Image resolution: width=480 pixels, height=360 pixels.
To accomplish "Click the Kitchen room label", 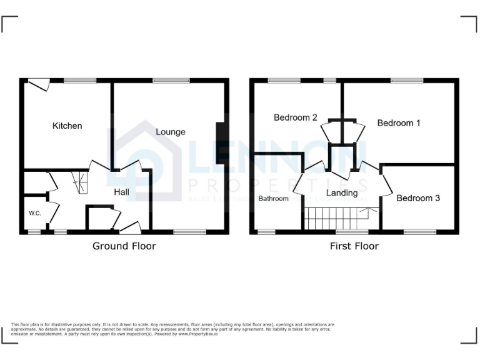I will pos(67,126).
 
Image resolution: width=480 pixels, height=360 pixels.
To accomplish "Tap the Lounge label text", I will pos(171,132).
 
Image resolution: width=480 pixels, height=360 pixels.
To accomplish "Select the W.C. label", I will pos(34,214).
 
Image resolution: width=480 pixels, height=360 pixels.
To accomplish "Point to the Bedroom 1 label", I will pos(399,123).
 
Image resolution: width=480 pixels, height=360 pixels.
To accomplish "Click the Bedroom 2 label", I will pos(296,117).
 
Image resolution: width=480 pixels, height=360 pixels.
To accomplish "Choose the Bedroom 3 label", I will pos(418,198).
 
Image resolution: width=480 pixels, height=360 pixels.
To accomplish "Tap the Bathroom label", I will pos(274,199).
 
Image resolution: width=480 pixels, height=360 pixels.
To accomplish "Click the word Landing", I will pos(342,193).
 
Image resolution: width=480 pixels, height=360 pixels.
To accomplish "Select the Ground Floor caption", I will pos(124,246).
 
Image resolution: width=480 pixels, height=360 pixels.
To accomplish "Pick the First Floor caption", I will pos(354,246).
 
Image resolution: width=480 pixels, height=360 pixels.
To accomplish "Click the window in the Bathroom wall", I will pos(266,232).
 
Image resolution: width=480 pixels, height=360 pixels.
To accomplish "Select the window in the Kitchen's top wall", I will pos(79,80).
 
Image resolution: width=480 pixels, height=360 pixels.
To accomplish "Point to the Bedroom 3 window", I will pos(419,232).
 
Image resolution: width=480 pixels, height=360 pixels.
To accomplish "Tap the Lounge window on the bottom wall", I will pos(189,232).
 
